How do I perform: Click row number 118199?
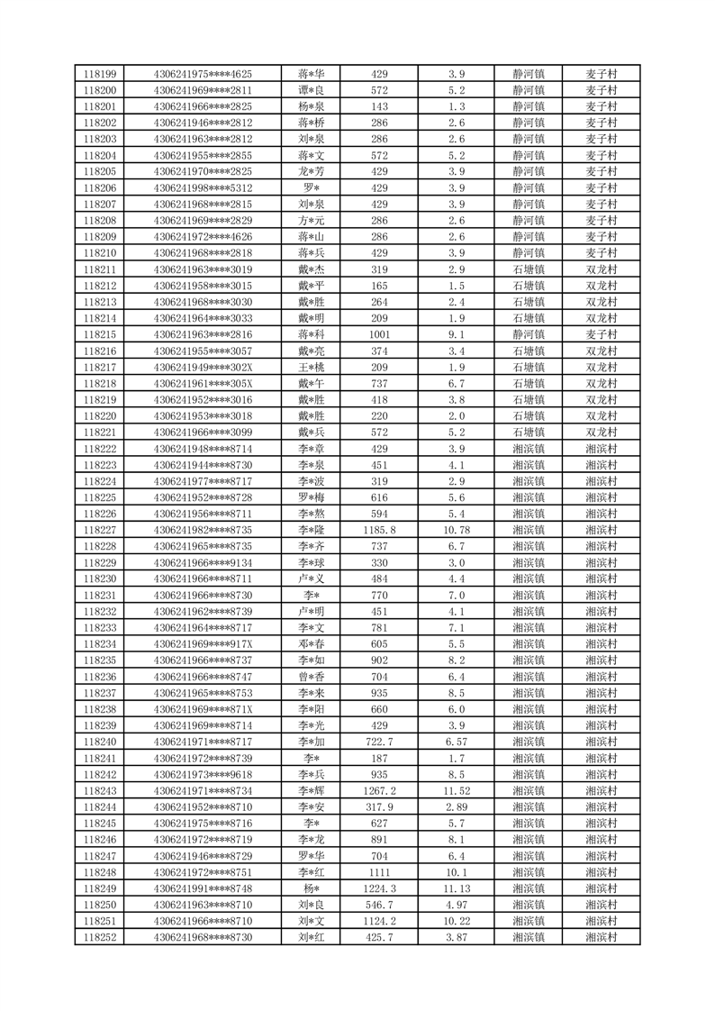pyautogui.click(x=99, y=74)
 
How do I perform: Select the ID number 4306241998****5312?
pyautogui.click(x=203, y=187)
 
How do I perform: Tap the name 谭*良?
pyautogui.click(x=312, y=90)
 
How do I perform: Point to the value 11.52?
pyautogui.click(x=457, y=790)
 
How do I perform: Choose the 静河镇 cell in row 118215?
pyautogui.click(x=529, y=334)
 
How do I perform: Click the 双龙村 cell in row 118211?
pyautogui.click(x=601, y=269)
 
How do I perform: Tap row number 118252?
pyautogui.click(x=99, y=937)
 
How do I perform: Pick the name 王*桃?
pyautogui.click(x=312, y=367)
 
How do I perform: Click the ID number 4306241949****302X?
pyautogui.click(x=203, y=367)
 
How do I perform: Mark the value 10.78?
pyautogui.click(x=457, y=530)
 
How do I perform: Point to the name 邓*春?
pyautogui.click(x=312, y=643)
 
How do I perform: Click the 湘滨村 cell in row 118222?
pyautogui.click(x=601, y=448)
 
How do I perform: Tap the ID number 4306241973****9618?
pyautogui.click(x=203, y=774)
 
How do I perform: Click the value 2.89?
pyautogui.click(x=457, y=806)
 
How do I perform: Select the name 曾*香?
pyautogui.click(x=312, y=676)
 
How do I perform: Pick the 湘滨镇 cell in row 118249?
pyautogui.click(x=529, y=888)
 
